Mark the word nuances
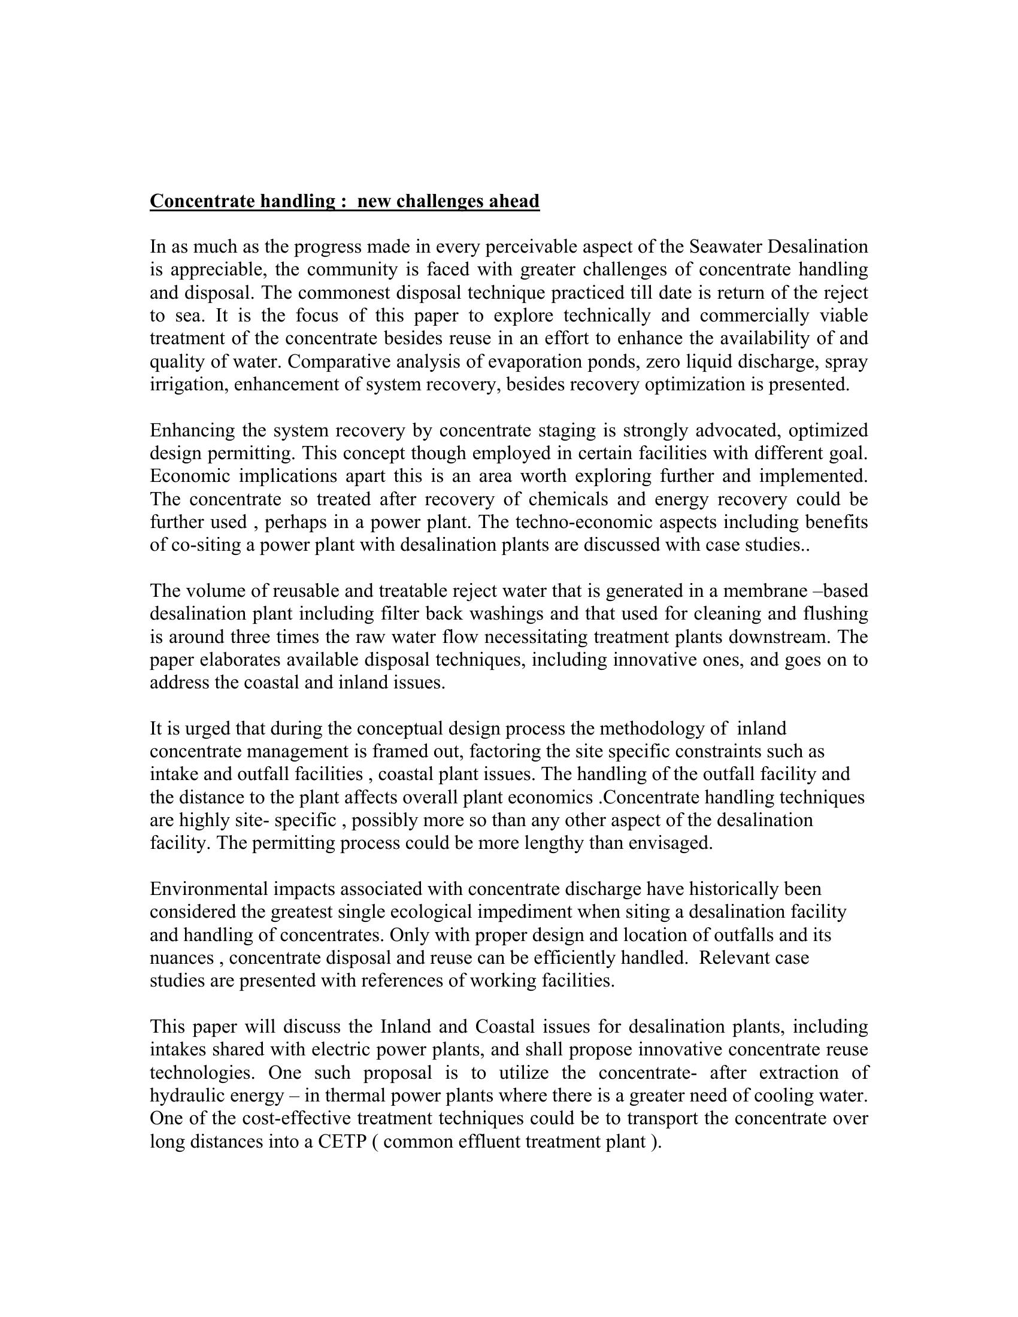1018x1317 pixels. click(x=181, y=958)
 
